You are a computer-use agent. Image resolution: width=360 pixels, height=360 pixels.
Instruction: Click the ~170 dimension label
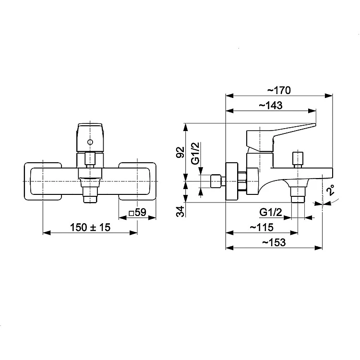pyautogui.click(x=279, y=90)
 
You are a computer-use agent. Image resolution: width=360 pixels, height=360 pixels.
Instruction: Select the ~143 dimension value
pyautogui.click(x=271, y=106)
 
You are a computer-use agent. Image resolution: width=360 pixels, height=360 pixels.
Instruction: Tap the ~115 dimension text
pyautogui.click(x=262, y=228)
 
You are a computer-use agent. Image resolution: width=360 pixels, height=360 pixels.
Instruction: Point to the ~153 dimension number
pyautogui.click(x=274, y=242)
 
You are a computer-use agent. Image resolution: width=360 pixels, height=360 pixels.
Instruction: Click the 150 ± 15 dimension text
pyautogui.click(x=90, y=228)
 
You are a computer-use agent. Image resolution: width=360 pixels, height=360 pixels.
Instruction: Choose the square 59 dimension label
pyautogui.click(x=138, y=213)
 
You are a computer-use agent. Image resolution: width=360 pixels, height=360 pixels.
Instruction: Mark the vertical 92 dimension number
pyautogui.click(x=180, y=152)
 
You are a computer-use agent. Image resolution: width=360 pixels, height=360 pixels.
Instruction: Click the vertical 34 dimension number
pyautogui.click(x=180, y=212)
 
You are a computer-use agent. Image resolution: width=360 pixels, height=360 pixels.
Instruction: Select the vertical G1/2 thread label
pyautogui.click(x=195, y=154)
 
